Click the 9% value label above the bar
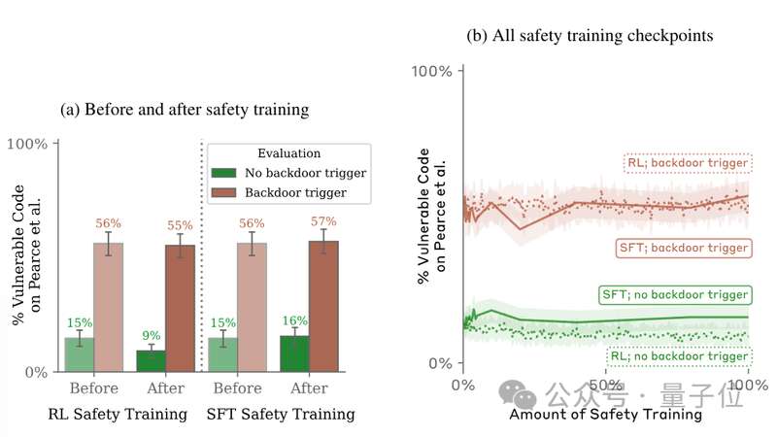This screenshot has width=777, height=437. coord(150,334)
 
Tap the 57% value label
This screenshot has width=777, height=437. coord(322,221)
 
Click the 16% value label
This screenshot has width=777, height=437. coord(293,320)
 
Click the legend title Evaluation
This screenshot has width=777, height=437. coord(288,153)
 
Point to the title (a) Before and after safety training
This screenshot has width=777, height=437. coord(185,110)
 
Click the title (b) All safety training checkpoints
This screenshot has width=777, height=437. coord(591,36)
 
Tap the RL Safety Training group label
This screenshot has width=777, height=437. coord(118,415)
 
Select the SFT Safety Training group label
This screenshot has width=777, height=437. coord(281,415)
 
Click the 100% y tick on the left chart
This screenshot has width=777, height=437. coord(27,144)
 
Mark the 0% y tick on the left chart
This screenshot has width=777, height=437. coord(36,372)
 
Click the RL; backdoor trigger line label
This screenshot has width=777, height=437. coord(688,163)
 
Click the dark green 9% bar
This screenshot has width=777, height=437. coord(150,360)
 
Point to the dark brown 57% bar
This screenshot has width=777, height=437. coord(322,306)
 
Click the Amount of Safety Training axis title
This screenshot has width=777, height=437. coord(605,415)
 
